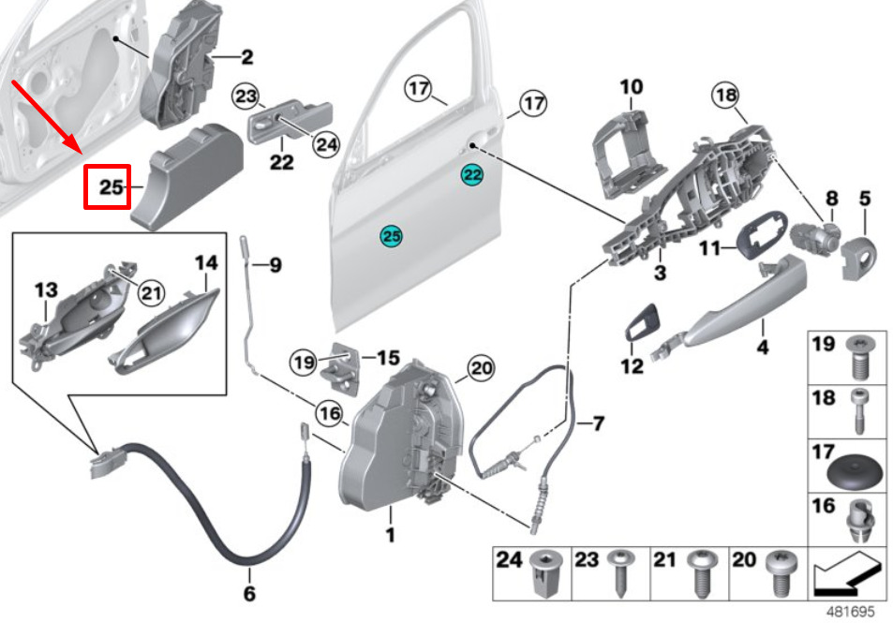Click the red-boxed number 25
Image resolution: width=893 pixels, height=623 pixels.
[112, 186]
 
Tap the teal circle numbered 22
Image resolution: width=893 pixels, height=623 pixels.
[472, 175]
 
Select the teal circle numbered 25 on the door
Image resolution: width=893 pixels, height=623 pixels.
[392, 236]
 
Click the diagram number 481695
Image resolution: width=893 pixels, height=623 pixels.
[850, 612]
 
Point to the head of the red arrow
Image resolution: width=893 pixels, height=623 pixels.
[82, 154]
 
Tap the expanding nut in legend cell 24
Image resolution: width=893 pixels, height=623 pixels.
[544, 573]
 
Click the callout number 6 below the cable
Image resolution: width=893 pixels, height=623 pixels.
[249, 593]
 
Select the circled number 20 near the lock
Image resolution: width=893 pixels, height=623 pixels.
[482, 368]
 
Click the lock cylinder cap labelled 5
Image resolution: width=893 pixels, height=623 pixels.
[859, 258]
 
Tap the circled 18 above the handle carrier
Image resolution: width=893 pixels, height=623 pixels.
[725, 96]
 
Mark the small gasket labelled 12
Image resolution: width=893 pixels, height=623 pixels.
[642, 321]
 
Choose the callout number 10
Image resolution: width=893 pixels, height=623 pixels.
[632, 87]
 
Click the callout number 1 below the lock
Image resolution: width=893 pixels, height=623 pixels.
[390, 535]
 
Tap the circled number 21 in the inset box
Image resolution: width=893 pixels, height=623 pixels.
[152, 292]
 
